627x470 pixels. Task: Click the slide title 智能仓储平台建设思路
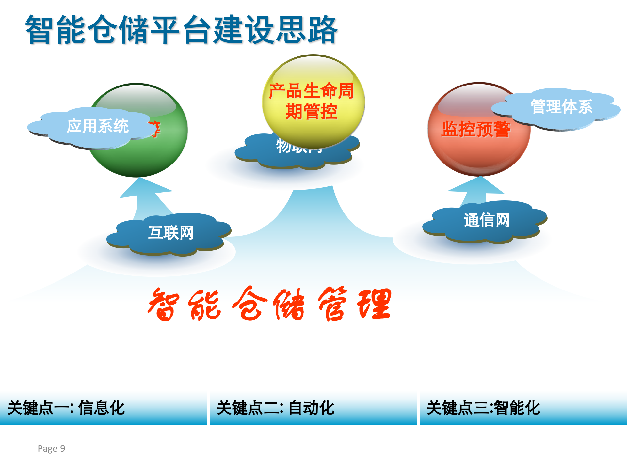(181, 30)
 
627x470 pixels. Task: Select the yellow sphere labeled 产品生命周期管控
(313, 101)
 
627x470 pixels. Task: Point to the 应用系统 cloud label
(97, 126)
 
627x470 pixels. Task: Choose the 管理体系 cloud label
(561, 107)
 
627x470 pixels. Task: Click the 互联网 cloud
(170, 233)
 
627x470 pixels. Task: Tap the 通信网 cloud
(486, 221)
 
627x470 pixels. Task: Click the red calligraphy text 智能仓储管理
(269, 304)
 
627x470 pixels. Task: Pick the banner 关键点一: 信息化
(103, 408)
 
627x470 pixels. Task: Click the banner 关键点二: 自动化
(313, 408)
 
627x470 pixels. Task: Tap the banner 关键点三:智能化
(522, 408)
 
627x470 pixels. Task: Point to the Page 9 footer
(51, 448)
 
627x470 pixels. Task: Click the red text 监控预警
(475, 129)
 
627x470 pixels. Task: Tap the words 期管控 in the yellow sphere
(311, 112)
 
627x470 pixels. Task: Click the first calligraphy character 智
(163, 304)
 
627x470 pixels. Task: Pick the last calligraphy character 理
(375, 304)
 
